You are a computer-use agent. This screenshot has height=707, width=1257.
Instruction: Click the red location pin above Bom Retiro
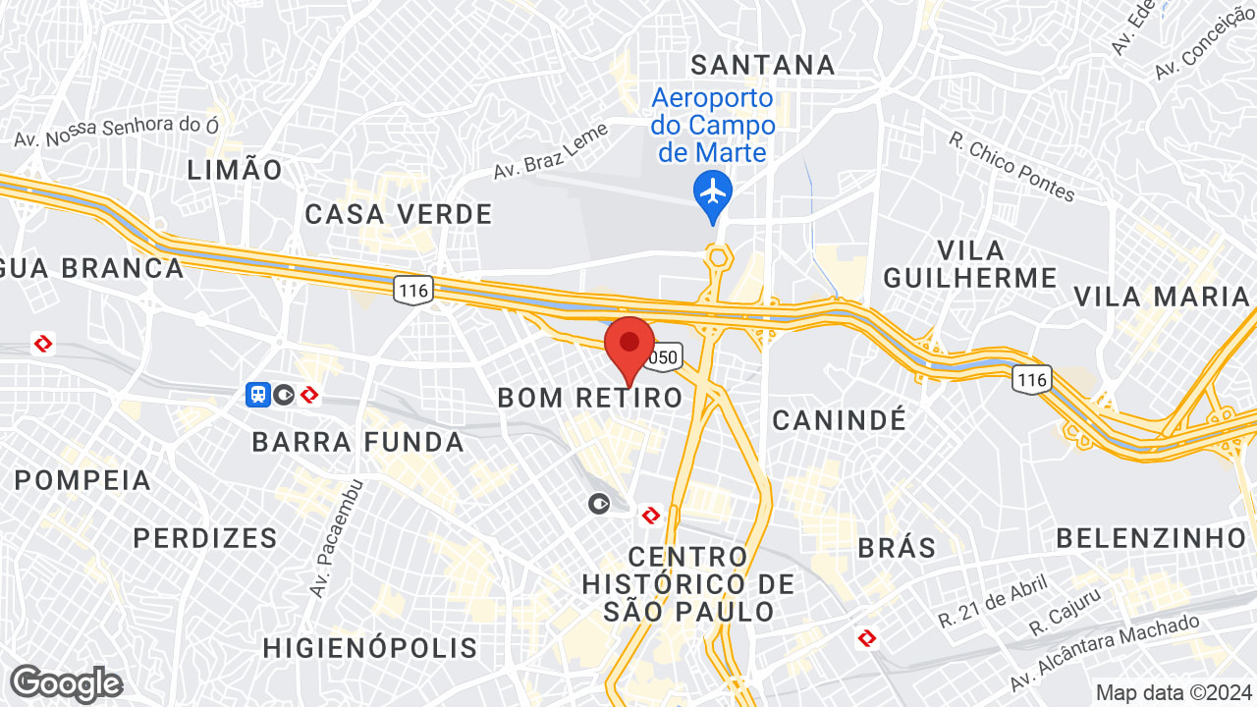pos(629,346)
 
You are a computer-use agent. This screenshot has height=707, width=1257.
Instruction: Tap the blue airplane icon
pos(713,190)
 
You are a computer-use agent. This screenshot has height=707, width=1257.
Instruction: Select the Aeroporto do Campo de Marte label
pos(713,126)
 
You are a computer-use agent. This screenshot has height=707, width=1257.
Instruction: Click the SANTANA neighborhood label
pos(763,65)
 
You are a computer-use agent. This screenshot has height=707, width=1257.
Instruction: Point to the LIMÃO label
pos(235,170)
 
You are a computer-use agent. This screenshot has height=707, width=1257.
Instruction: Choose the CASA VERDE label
pos(398,214)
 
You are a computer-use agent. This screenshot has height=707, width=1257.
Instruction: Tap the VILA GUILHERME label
pos(970,263)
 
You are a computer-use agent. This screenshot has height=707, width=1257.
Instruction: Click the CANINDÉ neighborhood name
pos(839,420)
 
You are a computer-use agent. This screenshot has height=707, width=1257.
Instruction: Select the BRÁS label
pos(898,548)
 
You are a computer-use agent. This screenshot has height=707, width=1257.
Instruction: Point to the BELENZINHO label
pos(1151,538)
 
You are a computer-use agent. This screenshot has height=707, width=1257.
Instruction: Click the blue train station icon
pos(257,395)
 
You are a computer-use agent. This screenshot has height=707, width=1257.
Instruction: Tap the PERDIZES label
pos(205,538)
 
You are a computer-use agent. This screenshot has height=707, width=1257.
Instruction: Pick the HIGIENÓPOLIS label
pos(370,648)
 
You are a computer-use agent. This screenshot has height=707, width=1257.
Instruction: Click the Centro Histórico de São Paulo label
pos(687,584)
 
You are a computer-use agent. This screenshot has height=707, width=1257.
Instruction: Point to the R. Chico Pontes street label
pos(1011,167)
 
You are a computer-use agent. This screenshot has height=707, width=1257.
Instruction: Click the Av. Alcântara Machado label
pos(1105,654)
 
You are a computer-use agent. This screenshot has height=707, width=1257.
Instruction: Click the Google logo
pos(66,683)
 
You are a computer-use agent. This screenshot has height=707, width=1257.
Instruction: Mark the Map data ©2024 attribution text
pos(1173,692)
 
